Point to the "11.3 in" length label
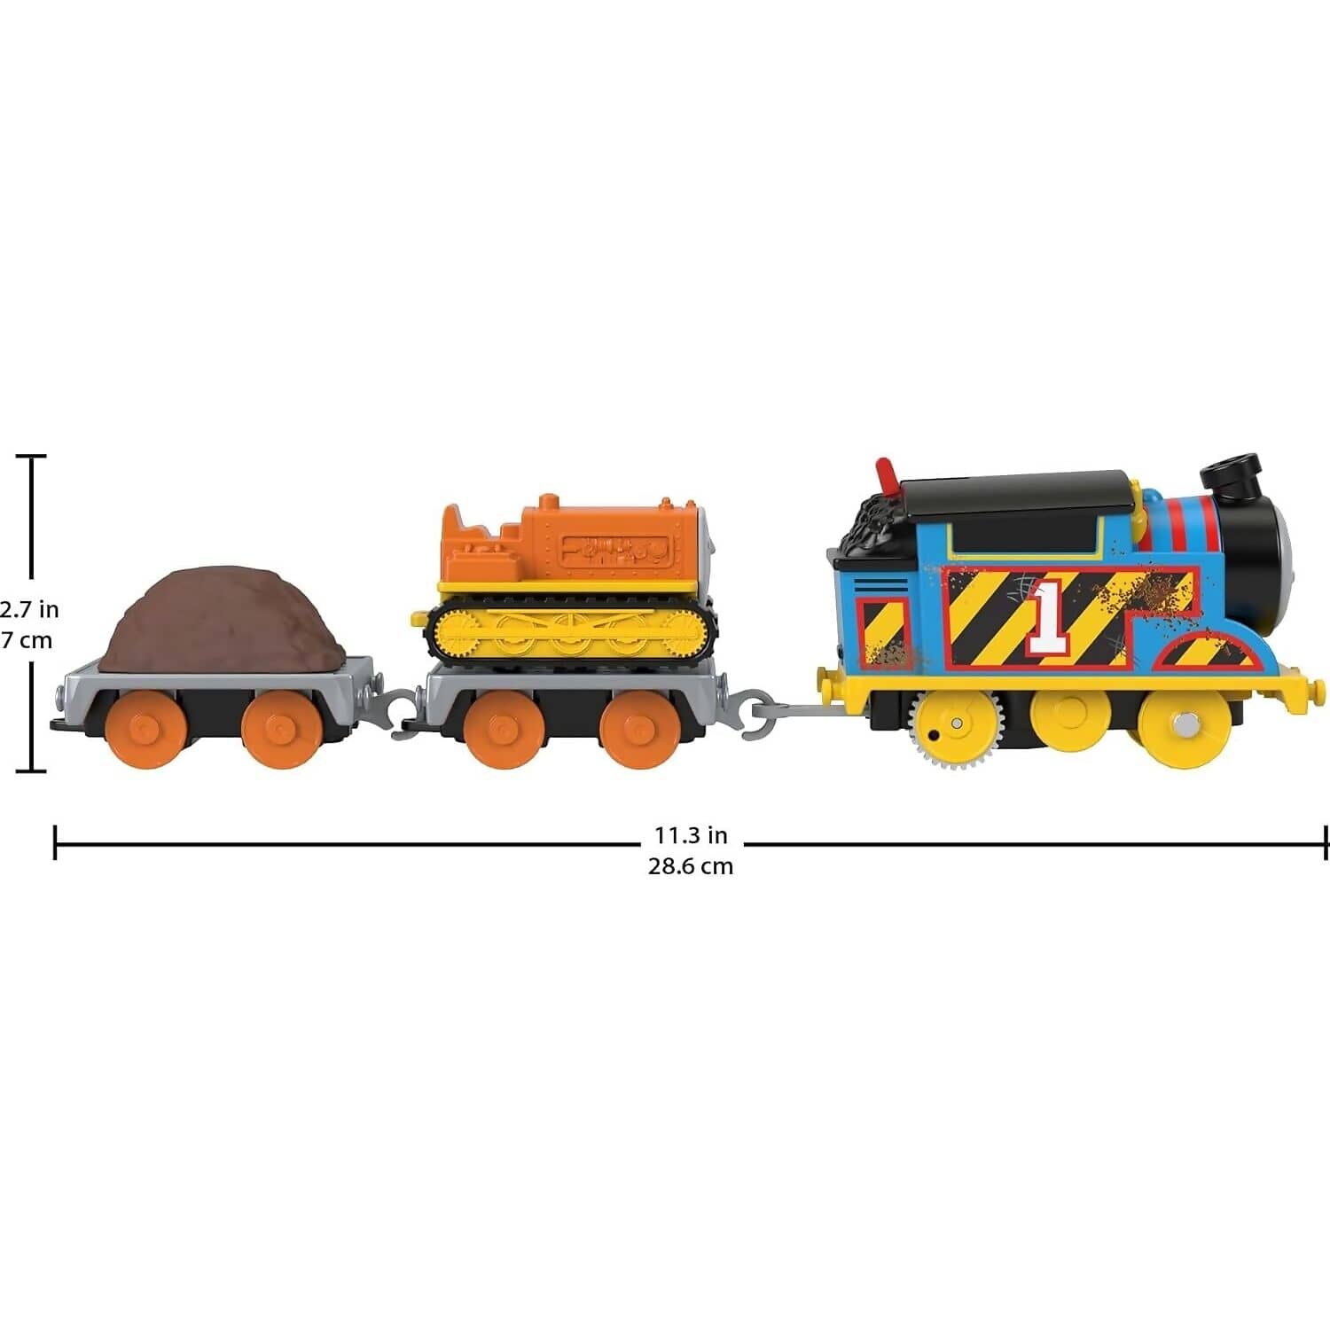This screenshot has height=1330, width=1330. pos(691,835)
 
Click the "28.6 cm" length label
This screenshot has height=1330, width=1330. pos(691,866)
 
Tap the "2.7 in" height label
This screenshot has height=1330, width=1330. pos(28,609)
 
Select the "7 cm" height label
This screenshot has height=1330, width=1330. pos(27,640)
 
